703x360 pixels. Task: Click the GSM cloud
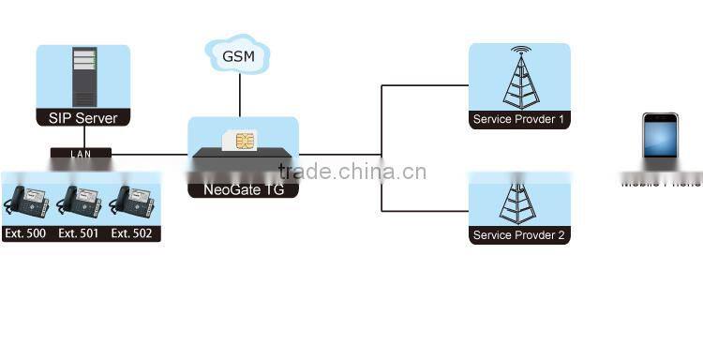[x=239, y=56]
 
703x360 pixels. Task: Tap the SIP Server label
[x=82, y=118]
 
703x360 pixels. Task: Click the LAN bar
[x=82, y=153]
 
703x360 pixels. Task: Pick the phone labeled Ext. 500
[x=27, y=202]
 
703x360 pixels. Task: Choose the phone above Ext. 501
[x=81, y=202]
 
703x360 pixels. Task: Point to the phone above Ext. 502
[x=133, y=202]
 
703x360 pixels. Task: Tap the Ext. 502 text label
[x=133, y=233]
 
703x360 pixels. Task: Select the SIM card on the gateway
[x=244, y=141]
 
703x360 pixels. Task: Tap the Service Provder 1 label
[x=519, y=120]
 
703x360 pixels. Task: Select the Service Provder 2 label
[x=519, y=235]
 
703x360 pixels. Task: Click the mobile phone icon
[x=660, y=141]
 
